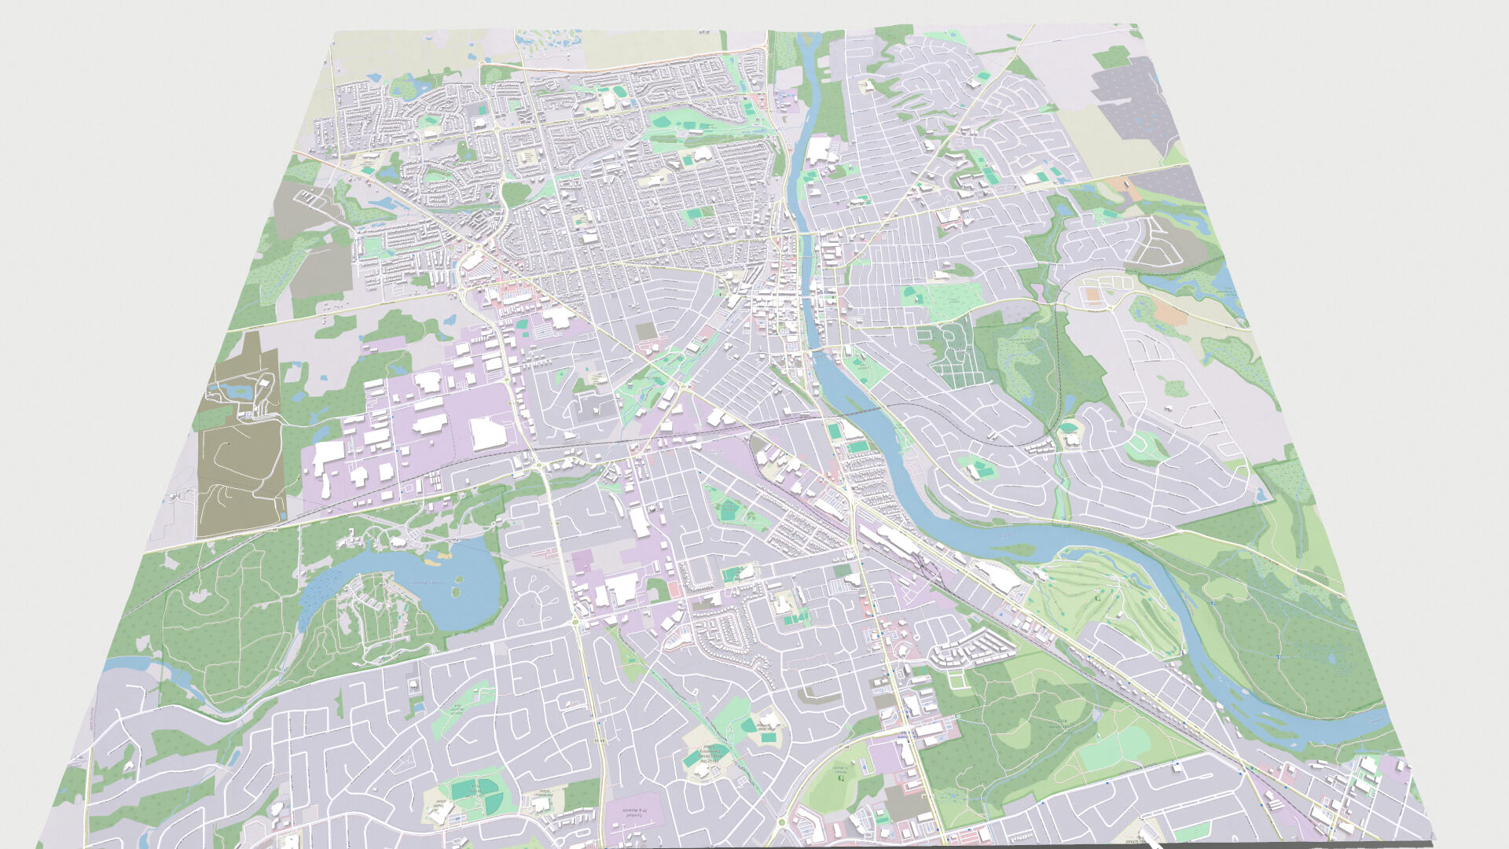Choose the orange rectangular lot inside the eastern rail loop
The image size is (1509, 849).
(1092, 296)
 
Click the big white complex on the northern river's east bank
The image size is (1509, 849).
(820, 149)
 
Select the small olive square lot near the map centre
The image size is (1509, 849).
(646, 331)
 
